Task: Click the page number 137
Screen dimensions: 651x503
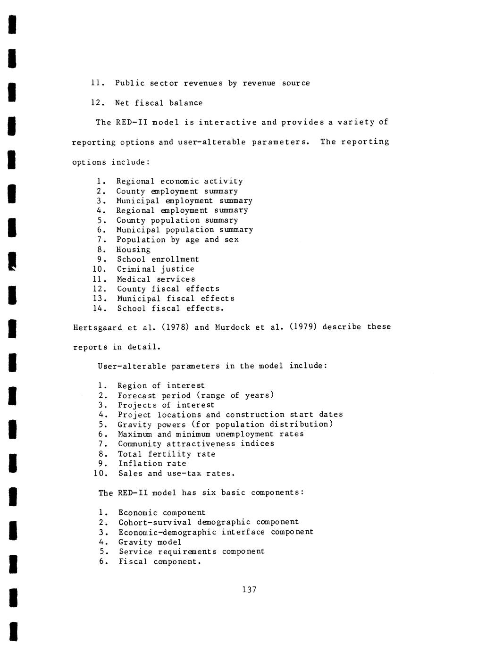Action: [x=249, y=589]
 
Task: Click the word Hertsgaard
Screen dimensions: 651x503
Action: [x=93, y=327]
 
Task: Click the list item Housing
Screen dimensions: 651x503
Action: [x=134, y=250]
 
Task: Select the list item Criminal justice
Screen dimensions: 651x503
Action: [x=156, y=269]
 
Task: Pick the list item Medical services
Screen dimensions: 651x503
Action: [x=156, y=279]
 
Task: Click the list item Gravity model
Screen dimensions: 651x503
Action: [x=150, y=542]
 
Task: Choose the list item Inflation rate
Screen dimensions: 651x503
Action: [x=152, y=463]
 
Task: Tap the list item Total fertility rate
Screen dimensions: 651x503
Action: [x=167, y=454]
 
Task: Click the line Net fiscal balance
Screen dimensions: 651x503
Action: [x=159, y=103]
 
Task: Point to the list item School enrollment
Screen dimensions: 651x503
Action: [x=158, y=259]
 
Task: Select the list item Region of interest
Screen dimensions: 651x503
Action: [x=161, y=385]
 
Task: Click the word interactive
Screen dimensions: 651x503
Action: [x=227, y=122]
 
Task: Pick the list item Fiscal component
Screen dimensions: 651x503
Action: [x=159, y=561]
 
